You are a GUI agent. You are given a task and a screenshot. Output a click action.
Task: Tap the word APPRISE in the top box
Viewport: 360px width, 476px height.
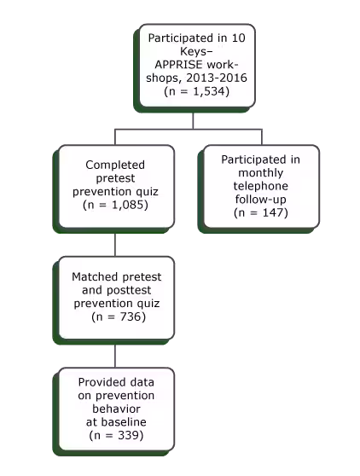click(178, 64)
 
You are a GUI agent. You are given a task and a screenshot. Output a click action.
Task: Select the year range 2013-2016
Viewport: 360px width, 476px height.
click(217, 78)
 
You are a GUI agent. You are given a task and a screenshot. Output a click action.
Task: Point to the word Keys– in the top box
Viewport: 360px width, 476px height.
click(196, 51)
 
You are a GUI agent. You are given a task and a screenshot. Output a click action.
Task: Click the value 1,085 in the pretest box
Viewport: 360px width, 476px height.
click(126, 205)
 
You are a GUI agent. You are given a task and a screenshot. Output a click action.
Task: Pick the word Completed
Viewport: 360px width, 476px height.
click(115, 165)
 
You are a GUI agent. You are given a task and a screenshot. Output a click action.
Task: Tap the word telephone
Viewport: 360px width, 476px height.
click(261, 186)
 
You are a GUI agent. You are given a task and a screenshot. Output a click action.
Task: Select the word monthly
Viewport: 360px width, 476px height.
click(261, 172)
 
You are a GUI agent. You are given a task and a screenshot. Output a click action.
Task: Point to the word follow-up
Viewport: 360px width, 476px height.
click(261, 199)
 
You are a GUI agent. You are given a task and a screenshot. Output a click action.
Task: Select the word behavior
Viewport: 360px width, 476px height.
click(116, 409)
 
